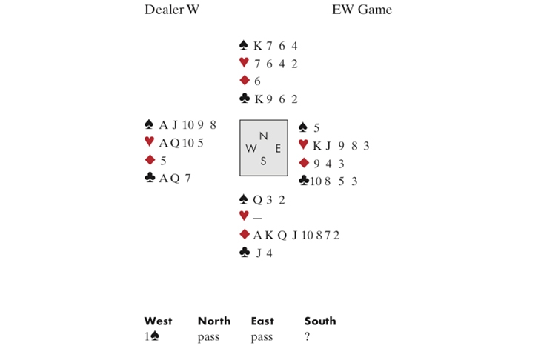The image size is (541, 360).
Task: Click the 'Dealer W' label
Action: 172,10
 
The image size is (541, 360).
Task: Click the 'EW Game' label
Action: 362,10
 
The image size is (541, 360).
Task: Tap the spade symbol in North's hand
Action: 244,45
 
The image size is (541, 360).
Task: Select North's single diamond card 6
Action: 256,81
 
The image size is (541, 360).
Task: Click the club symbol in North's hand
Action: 244,99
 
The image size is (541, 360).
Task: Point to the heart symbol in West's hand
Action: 149,142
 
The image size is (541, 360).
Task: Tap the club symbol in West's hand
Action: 149,178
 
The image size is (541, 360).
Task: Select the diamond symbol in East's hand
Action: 302,163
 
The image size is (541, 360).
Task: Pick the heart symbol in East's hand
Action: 302,145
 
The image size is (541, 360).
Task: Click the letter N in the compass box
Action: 263,136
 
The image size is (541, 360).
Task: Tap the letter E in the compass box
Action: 278,148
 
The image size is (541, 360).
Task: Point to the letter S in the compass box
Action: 263,161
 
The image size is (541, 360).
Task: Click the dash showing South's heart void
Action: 258,217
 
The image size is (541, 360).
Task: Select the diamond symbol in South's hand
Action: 244,235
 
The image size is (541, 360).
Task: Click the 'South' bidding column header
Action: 319,321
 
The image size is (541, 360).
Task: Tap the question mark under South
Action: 307,337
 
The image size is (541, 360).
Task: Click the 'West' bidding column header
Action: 158,321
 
